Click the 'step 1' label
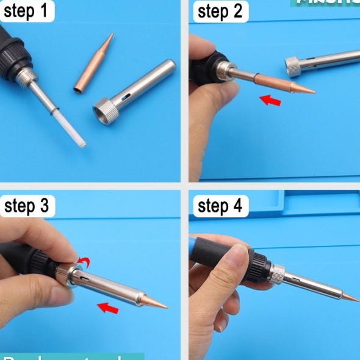tap(27, 10)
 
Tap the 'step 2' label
tap(221, 11)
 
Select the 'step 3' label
tap(27, 206)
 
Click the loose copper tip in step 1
tap(95, 64)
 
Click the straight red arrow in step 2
tap(270, 99)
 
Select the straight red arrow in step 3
tap(109, 307)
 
